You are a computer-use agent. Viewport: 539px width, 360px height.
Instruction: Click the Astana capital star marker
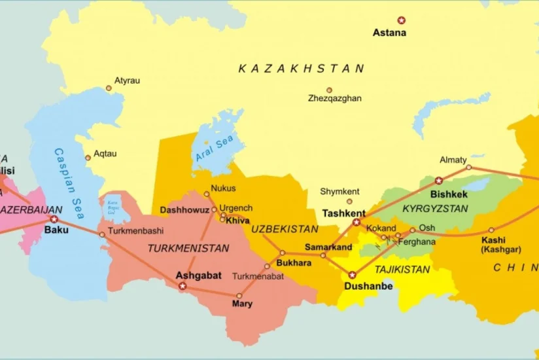click(402, 20)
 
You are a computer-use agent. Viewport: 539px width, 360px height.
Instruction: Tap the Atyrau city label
click(128, 81)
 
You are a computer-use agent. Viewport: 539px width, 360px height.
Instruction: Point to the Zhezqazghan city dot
click(329, 90)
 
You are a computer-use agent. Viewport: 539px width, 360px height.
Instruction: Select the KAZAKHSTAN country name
click(301, 68)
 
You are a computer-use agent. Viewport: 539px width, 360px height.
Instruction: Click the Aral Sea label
click(215, 150)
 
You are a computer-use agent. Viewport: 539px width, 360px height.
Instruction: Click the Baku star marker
click(54, 219)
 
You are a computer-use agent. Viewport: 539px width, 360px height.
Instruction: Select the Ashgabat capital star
click(183, 286)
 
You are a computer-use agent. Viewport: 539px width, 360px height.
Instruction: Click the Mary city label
click(242, 304)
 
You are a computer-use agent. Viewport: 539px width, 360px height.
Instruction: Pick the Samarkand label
click(328, 247)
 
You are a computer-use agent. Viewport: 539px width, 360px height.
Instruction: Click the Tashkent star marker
click(356, 223)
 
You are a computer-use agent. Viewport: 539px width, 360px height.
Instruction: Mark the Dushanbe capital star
click(353, 275)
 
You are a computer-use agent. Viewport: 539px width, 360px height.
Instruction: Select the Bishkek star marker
click(438, 181)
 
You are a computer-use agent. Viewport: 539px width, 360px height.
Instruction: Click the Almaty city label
click(453, 160)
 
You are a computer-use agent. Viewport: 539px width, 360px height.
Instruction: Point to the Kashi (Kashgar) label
click(496, 244)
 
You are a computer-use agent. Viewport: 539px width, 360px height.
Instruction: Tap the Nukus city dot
click(207, 194)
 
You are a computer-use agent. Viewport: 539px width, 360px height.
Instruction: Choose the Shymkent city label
click(340, 191)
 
